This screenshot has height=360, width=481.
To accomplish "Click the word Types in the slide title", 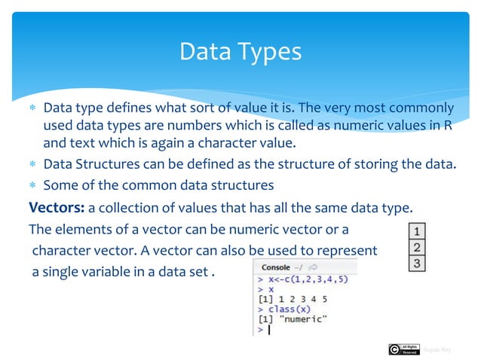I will point(268,51).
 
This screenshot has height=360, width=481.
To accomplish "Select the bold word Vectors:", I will point(56,207).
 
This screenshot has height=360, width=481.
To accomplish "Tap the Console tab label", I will point(276,267).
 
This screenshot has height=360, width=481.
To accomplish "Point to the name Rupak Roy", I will point(438,349).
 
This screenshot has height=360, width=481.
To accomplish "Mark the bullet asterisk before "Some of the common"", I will point(32,185).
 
